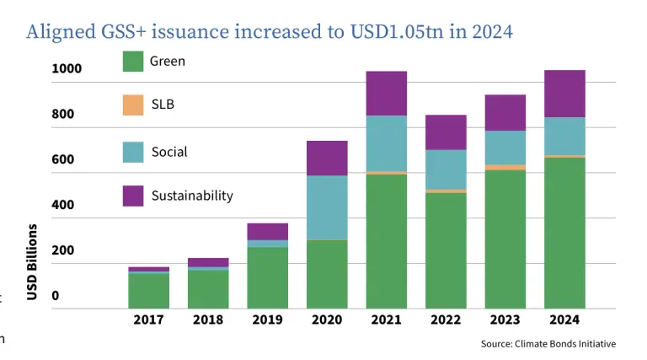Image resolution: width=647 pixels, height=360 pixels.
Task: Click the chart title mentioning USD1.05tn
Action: (270, 32)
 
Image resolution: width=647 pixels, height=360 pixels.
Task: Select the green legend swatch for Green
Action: (133, 62)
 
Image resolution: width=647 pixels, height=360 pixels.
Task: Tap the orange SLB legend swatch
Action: (133, 105)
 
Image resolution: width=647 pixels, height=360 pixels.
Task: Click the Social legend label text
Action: (169, 152)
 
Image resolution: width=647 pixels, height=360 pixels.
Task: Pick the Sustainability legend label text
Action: (192, 196)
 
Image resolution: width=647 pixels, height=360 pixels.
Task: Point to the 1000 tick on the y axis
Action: (67, 68)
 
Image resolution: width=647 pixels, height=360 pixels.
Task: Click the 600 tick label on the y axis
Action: (62, 159)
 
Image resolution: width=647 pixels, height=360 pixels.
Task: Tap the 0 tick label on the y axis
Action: (55, 296)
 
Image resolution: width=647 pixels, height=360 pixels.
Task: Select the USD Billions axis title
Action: (32, 262)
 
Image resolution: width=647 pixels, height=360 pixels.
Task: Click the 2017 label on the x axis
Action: (148, 320)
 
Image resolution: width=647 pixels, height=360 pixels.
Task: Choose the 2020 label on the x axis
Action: (327, 320)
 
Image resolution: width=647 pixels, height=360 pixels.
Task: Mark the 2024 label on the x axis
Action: (564, 320)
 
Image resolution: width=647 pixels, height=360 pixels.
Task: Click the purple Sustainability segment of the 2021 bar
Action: (387, 93)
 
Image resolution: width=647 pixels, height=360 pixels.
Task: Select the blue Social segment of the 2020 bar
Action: (327, 207)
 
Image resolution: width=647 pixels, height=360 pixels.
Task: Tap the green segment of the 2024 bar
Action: (564, 232)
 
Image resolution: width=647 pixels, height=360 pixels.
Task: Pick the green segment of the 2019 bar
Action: (268, 277)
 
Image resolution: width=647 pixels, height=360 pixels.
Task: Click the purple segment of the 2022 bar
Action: (446, 132)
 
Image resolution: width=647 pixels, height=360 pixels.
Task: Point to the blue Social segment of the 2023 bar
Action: (505, 148)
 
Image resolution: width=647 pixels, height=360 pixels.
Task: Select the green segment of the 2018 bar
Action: (208, 288)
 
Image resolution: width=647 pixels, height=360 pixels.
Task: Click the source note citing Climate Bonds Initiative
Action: (548, 344)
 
